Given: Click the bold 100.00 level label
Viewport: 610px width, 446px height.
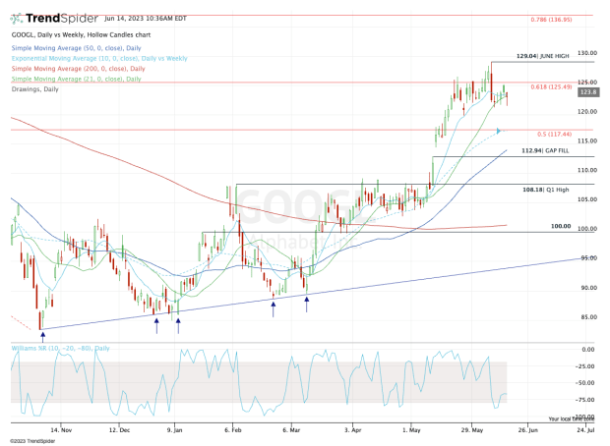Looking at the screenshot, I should pyautogui.click(x=561, y=226).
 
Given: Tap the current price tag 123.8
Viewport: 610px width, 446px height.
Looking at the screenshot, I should pyautogui.click(x=589, y=91).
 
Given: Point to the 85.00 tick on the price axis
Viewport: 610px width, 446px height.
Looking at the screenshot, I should pyautogui.click(x=588, y=317).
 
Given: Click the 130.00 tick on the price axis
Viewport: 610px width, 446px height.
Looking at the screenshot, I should pyautogui.click(x=588, y=53).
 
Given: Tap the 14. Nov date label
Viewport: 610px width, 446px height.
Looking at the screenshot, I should pyautogui.click(x=62, y=429).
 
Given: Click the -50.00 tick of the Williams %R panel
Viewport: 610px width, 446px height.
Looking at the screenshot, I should pyautogui.click(x=587, y=382).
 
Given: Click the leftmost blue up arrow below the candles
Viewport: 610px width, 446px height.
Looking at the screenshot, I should pyautogui.click(x=41, y=336).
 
